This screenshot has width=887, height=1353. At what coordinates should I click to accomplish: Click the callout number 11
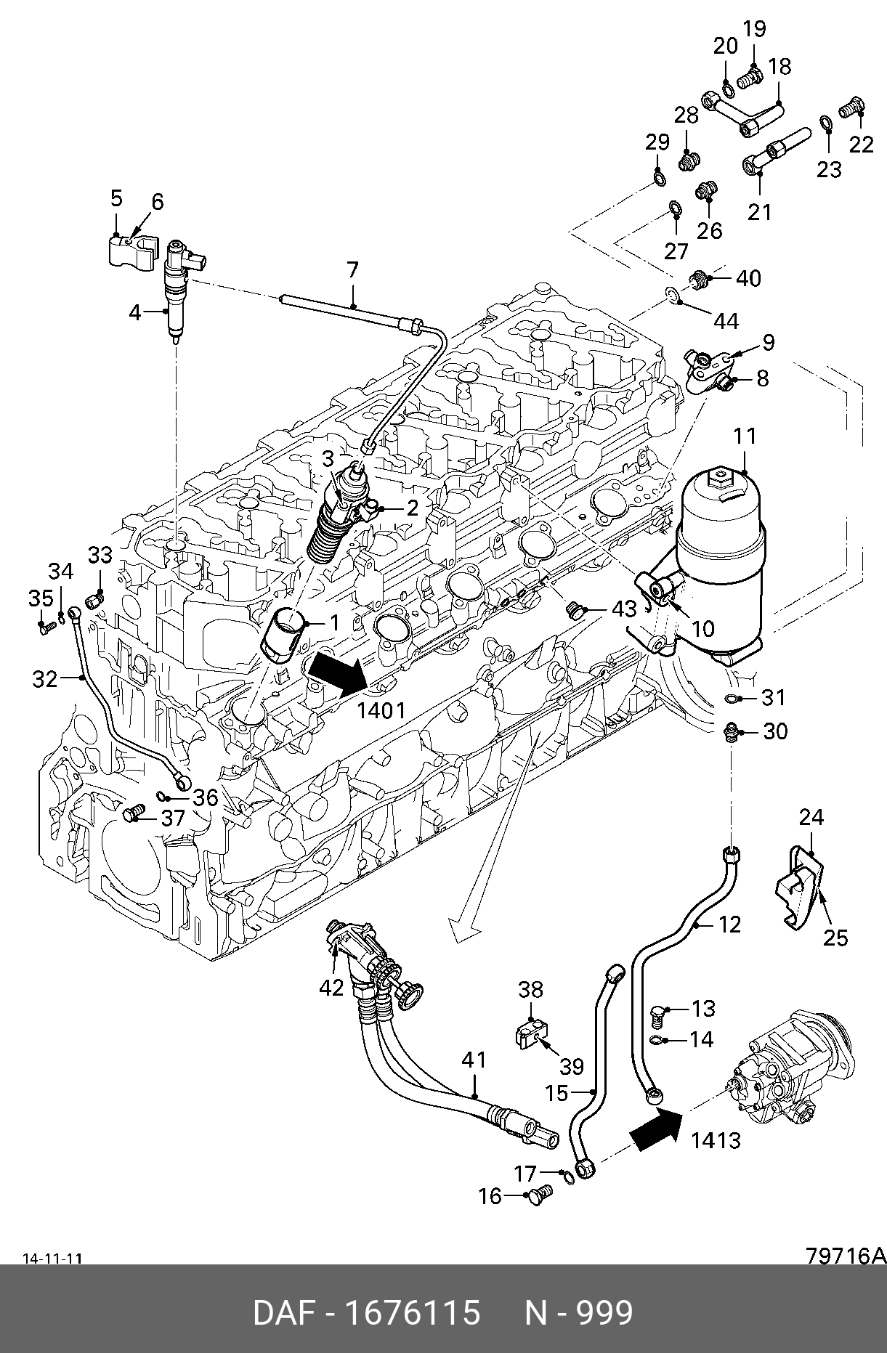(x=745, y=436)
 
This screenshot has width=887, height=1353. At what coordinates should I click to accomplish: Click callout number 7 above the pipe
(x=353, y=270)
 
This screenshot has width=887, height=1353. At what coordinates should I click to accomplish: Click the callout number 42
(x=331, y=988)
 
